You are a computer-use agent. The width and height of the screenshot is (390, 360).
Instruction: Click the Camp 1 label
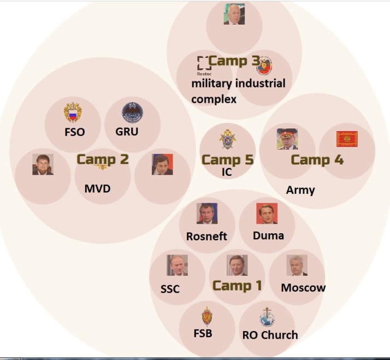click(x=237, y=285)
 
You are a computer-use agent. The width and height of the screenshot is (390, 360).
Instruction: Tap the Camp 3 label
click(x=234, y=61)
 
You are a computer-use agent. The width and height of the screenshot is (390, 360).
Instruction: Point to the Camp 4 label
click(x=317, y=160)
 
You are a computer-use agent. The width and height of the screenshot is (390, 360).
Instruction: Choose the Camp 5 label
click(x=228, y=160)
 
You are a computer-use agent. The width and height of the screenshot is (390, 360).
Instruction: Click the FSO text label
click(x=74, y=132)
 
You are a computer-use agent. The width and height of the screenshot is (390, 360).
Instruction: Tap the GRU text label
click(x=127, y=131)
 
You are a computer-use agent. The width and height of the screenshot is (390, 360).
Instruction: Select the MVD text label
click(x=97, y=189)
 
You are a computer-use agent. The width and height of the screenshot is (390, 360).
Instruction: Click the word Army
click(x=300, y=190)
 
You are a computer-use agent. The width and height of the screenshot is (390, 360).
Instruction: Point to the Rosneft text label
click(x=206, y=237)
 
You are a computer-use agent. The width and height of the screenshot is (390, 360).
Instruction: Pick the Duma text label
click(x=268, y=235)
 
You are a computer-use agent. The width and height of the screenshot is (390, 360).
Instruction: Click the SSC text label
click(x=170, y=289)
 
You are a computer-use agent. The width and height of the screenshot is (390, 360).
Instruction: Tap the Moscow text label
click(x=303, y=287)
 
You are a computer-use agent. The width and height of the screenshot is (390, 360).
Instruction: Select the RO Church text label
click(x=270, y=334)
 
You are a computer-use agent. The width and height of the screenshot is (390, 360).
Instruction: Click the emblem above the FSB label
click(x=206, y=316)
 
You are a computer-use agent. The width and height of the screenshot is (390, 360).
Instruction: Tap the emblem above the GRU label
click(x=132, y=113)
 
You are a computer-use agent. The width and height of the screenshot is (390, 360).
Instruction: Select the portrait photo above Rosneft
click(x=207, y=214)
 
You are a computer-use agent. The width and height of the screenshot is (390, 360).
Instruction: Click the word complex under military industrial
click(x=214, y=99)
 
